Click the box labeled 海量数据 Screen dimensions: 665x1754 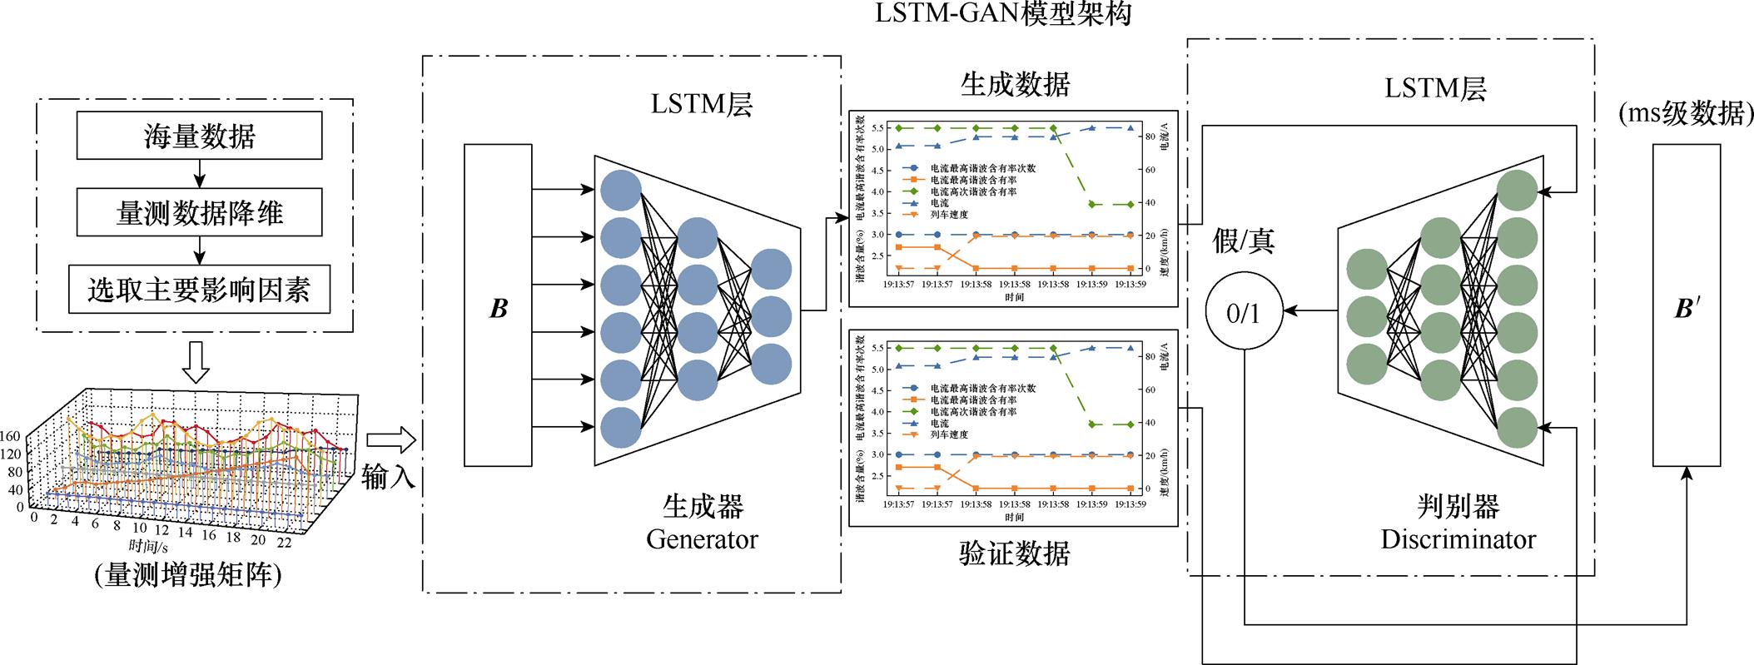pos(199,136)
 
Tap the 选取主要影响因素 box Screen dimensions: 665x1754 pos(199,289)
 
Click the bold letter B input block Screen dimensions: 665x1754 pos(498,305)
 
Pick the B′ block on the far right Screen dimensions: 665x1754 pos(1686,305)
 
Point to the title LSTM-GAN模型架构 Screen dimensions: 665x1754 pos(1003,14)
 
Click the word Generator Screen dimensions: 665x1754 pos(702,539)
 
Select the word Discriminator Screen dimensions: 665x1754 pos(1458,539)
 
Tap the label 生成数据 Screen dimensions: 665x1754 pos(1015,84)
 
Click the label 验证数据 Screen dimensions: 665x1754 pos(1014,553)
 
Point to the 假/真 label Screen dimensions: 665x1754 pos(1244,241)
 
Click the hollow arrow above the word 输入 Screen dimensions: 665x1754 pos(390,439)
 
